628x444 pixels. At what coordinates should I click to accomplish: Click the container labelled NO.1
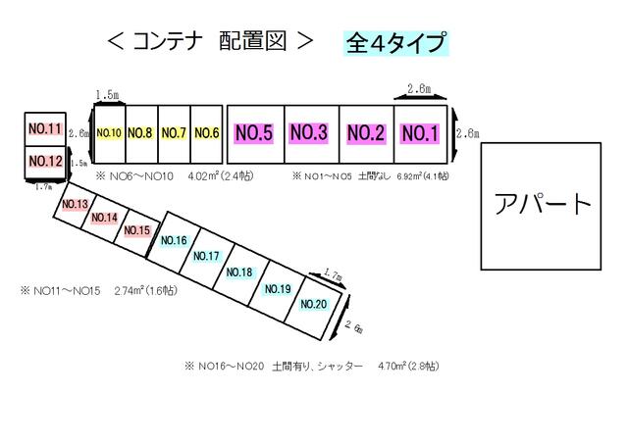[420, 133]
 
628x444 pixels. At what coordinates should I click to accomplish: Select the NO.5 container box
[253, 133]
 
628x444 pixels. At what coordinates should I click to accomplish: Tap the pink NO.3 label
[308, 133]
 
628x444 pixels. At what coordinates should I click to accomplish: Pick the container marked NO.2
[365, 133]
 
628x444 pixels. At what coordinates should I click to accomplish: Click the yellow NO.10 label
[109, 133]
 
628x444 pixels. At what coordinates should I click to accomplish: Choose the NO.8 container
[141, 133]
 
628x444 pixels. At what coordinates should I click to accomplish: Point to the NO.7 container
[174, 133]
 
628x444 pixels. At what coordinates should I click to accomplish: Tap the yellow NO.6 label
[206, 133]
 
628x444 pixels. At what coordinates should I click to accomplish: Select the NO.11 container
[45, 129]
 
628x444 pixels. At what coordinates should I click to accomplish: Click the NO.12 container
[45, 161]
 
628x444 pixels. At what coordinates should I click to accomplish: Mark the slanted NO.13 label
[76, 204]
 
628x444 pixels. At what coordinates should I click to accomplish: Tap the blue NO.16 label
[174, 240]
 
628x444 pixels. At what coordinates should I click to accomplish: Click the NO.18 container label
[240, 272]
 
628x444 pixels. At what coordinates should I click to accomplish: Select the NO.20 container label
[313, 304]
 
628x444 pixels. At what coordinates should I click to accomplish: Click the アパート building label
[542, 205]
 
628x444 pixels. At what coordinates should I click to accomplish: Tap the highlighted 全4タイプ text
[395, 43]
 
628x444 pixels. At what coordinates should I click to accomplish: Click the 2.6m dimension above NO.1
[419, 89]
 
